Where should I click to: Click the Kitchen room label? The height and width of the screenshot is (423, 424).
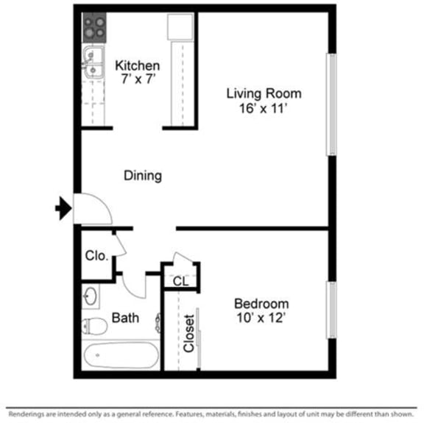click(x=137, y=66)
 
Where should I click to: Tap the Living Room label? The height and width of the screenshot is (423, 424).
click(x=263, y=93)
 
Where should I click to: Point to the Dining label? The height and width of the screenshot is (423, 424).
click(x=142, y=176)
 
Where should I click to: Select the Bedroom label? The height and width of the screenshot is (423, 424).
click(x=261, y=303)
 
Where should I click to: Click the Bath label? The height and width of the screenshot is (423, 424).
click(x=125, y=319)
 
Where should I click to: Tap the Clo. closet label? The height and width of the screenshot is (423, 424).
click(x=97, y=256)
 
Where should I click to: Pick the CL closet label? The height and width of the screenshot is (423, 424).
click(x=180, y=281)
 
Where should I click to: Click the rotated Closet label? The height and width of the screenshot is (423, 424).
click(x=189, y=333)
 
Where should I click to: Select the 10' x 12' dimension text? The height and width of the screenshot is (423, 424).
click(x=261, y=318)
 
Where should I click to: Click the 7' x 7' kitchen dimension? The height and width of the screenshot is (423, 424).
click(x=137, y=79)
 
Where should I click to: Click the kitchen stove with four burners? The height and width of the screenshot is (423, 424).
click(x=93, y=28)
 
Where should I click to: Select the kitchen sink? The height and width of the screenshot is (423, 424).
click(x=93, y=63)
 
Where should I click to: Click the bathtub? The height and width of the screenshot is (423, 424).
click(x=120, y=357)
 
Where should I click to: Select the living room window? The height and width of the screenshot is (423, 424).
click(x=331, y=103)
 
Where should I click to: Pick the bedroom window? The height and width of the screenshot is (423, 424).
click(x=331, y=310)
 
